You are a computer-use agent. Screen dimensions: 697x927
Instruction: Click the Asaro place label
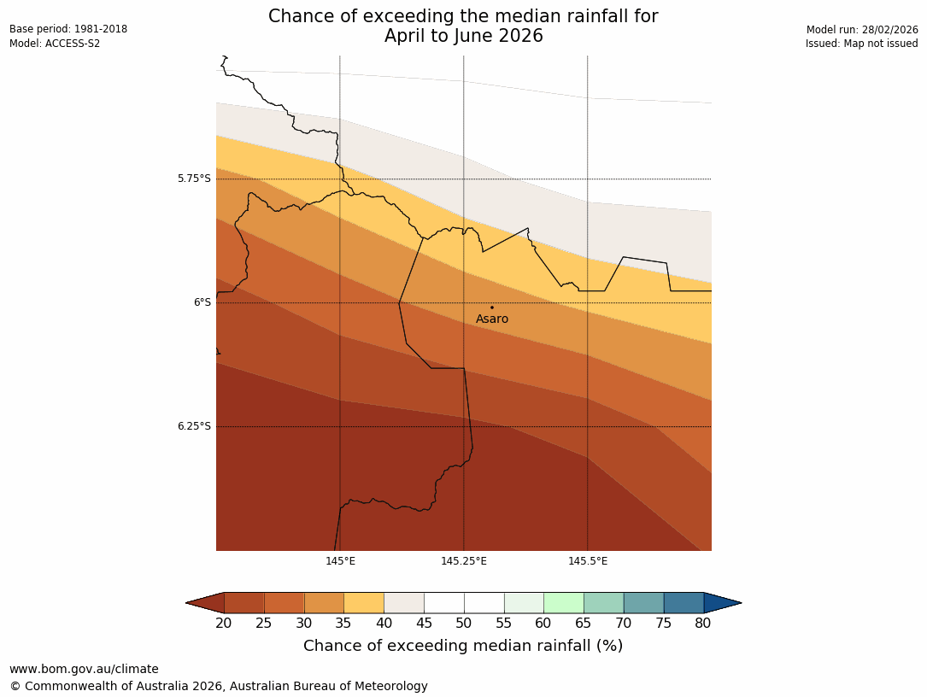coord(492,319)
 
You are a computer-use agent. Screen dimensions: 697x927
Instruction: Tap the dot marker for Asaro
coord(491,307)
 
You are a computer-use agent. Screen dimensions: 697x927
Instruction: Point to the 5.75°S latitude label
coord(194,179)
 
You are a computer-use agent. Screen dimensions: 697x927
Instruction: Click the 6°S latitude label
coord(202,302)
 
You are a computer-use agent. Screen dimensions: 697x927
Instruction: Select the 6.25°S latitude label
coord(194,426)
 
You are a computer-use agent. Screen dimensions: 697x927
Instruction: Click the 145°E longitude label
coord(340,561)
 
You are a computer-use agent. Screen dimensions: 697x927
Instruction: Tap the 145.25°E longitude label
coord(464,561)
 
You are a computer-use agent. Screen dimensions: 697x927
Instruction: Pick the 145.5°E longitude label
coord(588,561)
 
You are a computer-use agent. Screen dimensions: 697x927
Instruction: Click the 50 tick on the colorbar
coord(464,624)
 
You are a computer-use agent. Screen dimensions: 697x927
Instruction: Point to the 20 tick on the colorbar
coord(224,624)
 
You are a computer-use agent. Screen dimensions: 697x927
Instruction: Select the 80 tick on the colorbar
coord(703,624)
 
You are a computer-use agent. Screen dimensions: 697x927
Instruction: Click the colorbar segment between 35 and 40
coord(364,603)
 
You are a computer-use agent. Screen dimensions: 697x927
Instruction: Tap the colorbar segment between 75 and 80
coord(684,603)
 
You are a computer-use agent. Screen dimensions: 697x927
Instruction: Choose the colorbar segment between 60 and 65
coord(564,603)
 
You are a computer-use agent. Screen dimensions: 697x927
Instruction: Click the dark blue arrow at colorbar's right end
coord(722,603)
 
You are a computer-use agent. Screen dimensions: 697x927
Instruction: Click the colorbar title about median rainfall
coord(463,646)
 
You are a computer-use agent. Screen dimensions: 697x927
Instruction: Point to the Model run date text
coord(862,30)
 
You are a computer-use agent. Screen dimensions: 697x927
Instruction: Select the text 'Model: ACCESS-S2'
coord(55,44)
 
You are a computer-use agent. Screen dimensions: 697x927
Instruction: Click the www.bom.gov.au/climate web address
coord(84,669)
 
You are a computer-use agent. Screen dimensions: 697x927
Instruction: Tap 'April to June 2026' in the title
coord(463,36)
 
